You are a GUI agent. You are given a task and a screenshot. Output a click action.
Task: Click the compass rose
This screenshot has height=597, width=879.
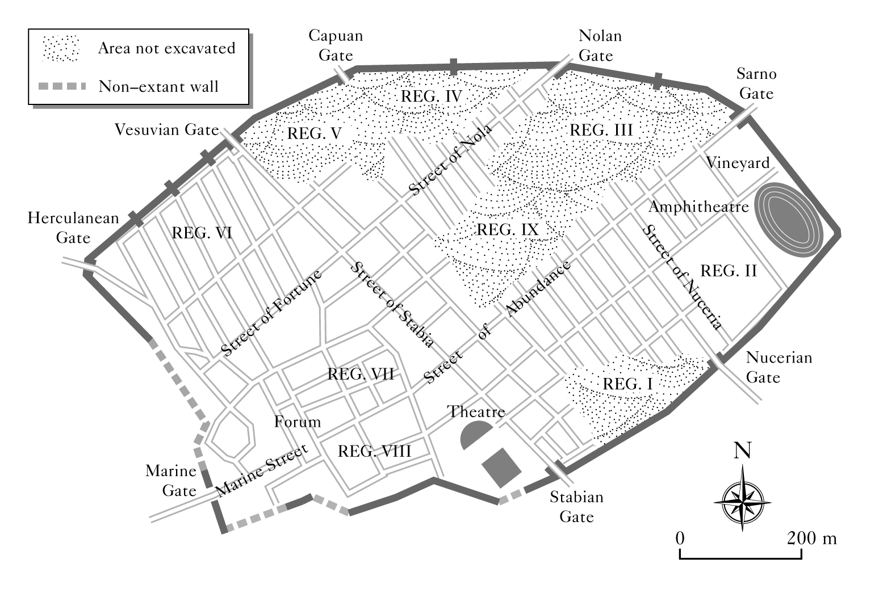(743, 498)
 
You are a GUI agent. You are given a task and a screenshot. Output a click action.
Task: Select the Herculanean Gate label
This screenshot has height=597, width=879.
(74, 227)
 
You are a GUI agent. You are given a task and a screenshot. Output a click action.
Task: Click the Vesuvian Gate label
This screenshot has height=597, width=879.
(166, 130)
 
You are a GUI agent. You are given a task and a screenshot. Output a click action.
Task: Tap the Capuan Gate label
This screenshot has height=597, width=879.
(336, 45)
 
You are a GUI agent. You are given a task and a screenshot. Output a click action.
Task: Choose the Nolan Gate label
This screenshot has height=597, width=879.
(600, 45)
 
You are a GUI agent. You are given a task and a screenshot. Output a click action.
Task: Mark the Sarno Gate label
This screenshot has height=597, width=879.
(756, 83)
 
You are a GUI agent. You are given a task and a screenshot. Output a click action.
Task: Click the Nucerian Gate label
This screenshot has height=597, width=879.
(778, 367)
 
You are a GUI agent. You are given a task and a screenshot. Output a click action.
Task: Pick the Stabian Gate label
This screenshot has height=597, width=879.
(576, 507)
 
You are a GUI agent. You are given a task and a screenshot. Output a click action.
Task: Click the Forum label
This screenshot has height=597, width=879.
(297, 422)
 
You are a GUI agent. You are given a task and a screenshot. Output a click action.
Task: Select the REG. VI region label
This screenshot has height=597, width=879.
(201, 232)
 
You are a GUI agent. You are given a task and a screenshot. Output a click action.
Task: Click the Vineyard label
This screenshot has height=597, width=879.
(738, 163)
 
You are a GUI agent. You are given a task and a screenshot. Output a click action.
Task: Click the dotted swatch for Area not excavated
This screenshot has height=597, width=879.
(60, 48)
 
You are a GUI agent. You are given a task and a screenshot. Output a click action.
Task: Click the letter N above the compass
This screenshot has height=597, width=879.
(742, 450)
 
